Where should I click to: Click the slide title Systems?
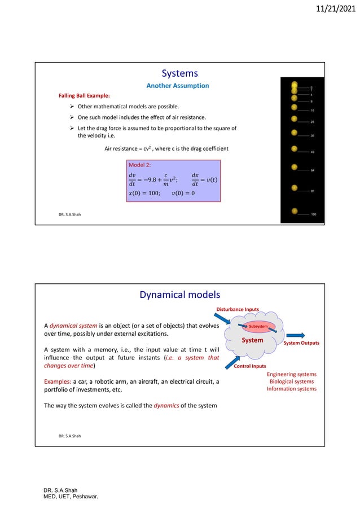tap(179, 73)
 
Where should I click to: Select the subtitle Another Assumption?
tap(178, 86)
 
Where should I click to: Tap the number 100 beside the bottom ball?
tap(314, 215)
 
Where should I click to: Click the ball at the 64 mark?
tap(295, 168)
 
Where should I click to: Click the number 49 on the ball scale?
tap(313, 152)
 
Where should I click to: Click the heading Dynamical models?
tap(179, 294)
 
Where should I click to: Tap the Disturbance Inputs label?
tap(238, 309)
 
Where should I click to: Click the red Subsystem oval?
tap(258, 326)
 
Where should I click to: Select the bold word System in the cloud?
tap(252, 340)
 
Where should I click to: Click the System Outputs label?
tap(301, 343)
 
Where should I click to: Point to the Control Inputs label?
tap(250, 366)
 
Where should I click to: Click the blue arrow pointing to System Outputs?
tap(298, 334)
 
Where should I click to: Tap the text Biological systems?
tap(292, 381)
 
